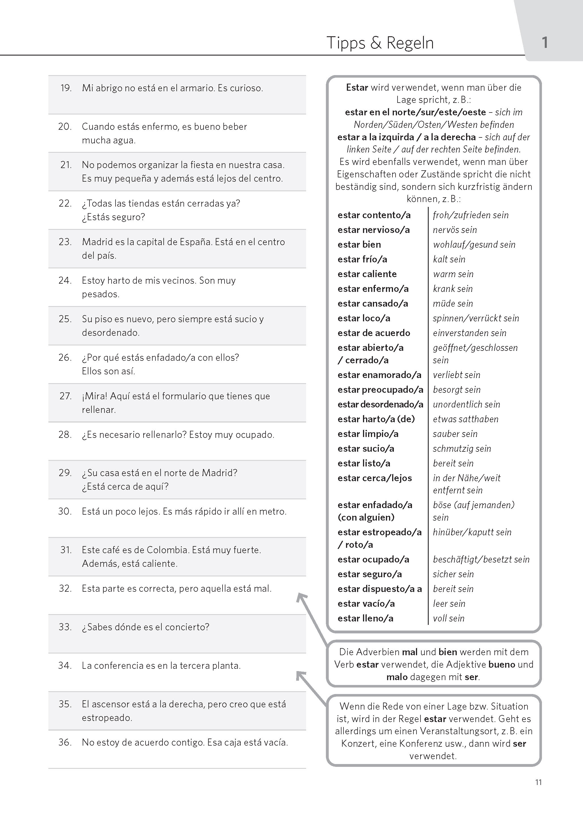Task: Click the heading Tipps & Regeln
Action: pyautogui.click(x=380, y=43)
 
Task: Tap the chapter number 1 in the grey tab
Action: pyautogui.click(x=544, y=43)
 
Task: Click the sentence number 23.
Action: pyautogui.click(x=65, y=242)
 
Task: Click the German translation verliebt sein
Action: pyautogui.click(x=456, y=375)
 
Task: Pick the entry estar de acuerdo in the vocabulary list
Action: pyautogui.click(x=374, y=333)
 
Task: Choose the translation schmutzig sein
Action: pyautogui.click(x=462, y=449)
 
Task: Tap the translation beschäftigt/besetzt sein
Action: pyautogui.click(x=481, y=559)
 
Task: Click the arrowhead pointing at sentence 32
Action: pyautogui.click(x=301, y=597)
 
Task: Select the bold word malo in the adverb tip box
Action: pyautogui.click(x=397, y=677)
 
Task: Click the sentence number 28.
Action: pyautogui.click(x=65, y=435)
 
